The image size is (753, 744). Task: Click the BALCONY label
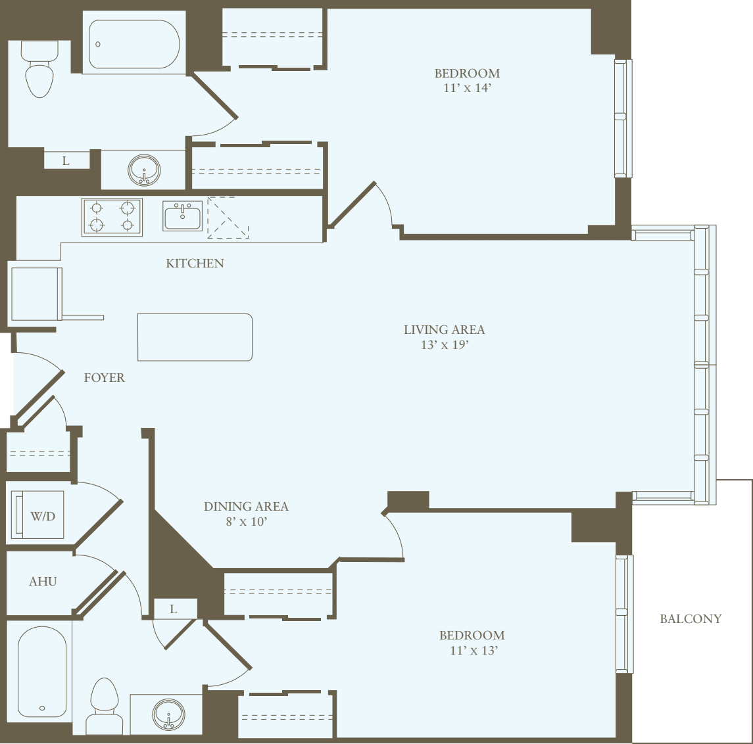tap(691, 618)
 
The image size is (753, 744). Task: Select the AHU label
tap(43, 581)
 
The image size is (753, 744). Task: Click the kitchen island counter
tap(195, 337)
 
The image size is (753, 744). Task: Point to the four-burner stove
tap(112, 217)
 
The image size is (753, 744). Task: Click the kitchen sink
tap(183, 216)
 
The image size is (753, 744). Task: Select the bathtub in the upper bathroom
tap(134, 44)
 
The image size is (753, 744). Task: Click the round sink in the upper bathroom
tap(143, 170)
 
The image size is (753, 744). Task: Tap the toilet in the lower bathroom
tap(105, 707)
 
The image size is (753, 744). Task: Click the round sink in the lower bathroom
tap(168, 714)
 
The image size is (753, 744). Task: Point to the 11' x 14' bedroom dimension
tap(467, 88)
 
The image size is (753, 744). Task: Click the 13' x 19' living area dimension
tap(445, 344)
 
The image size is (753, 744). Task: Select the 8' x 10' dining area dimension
tap(246, 522)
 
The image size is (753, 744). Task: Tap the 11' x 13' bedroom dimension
tap(472, 650)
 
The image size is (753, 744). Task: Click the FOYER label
tap(104, 378)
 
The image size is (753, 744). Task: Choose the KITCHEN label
tap(195, 263)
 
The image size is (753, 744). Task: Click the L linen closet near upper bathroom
tap(66, 160)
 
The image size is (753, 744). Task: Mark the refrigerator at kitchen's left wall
tap(36, 294)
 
